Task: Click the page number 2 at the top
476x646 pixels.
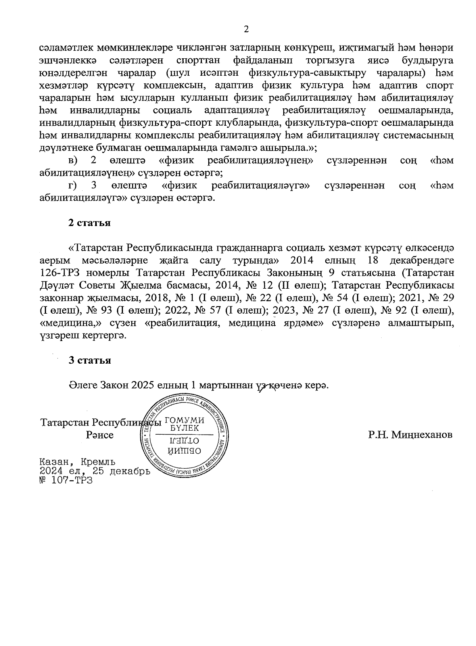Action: pos(246,29)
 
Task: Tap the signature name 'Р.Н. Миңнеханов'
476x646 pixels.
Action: pos(410,435)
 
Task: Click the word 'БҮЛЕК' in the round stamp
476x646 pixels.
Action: pos(184,428)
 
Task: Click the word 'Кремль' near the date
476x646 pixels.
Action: pos(98,462)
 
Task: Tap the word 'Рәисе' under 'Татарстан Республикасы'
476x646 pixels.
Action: pos(100,435)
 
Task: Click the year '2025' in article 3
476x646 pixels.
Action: pos(143,385)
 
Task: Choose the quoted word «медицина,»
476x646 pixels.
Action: pos(64,323)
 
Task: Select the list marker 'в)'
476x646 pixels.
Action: pos(73,161)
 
